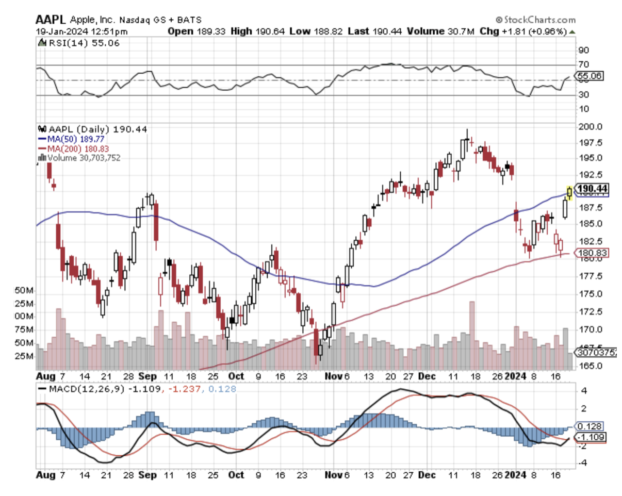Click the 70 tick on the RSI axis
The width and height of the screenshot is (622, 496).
coord(583,65)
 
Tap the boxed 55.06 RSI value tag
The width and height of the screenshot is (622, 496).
coord(589,76)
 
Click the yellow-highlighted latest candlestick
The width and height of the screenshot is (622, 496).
coord(569,192)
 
